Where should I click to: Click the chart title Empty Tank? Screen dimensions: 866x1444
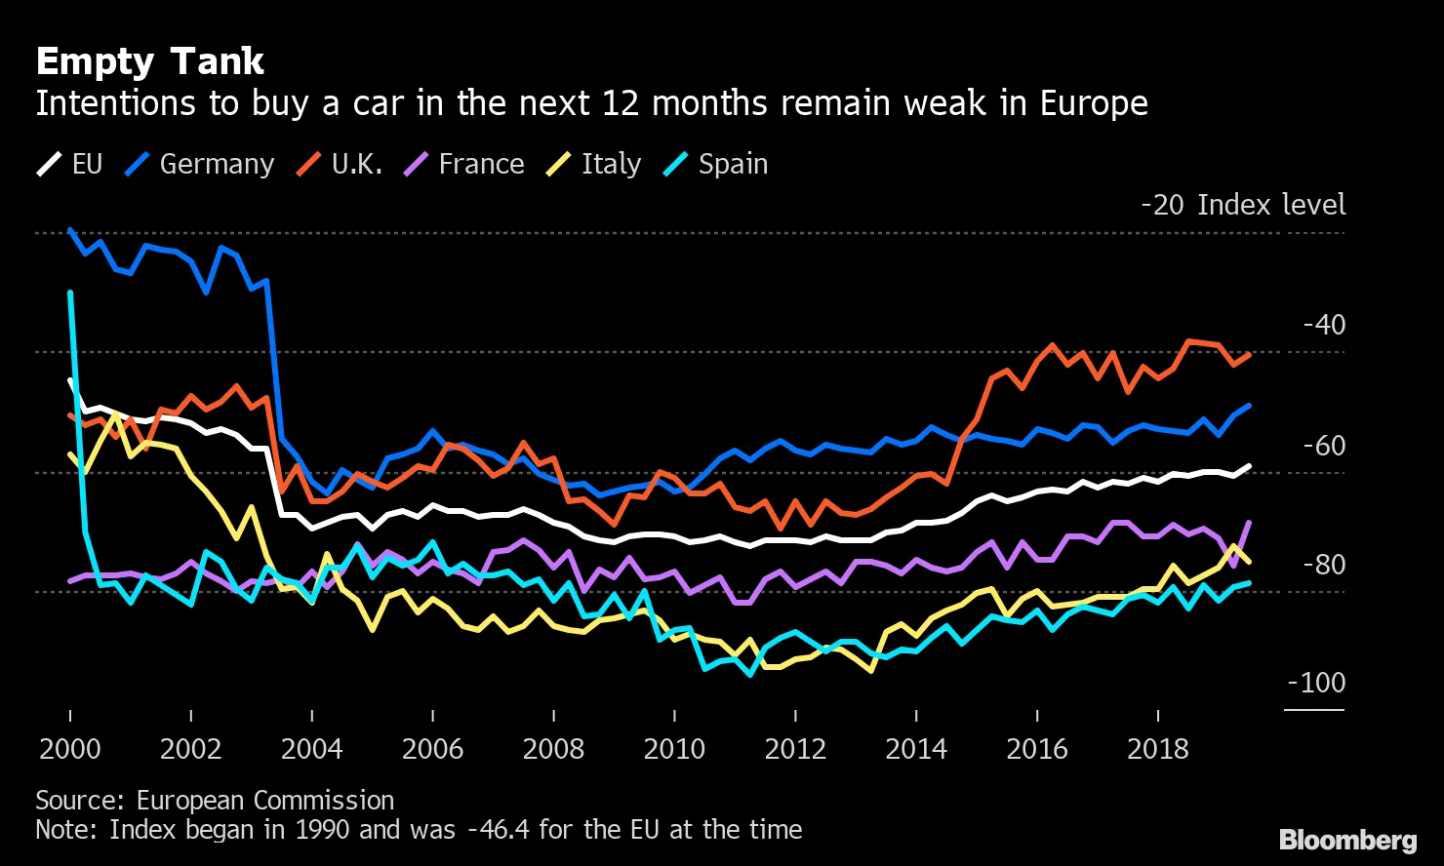(149, 62)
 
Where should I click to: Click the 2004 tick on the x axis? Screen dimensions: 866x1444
(311, 749)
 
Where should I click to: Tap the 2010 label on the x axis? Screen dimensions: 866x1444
(674, 749)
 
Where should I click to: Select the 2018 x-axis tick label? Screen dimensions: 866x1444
(1158, 749)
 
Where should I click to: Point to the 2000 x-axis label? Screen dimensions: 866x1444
(70, 749)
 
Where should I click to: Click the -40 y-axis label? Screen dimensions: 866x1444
(1324, 325)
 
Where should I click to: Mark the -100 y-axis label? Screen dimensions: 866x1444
(1316, 683)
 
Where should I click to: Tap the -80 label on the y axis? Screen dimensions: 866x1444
(1324, 565)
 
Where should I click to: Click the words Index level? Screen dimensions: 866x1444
(1271, 205)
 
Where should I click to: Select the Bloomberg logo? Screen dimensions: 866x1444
(1347, 840)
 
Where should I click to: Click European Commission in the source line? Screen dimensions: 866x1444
(265, 801)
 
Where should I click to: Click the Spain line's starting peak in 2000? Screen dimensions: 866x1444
(70, 292)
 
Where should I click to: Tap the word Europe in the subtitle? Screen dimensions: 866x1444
(1094, 103)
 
